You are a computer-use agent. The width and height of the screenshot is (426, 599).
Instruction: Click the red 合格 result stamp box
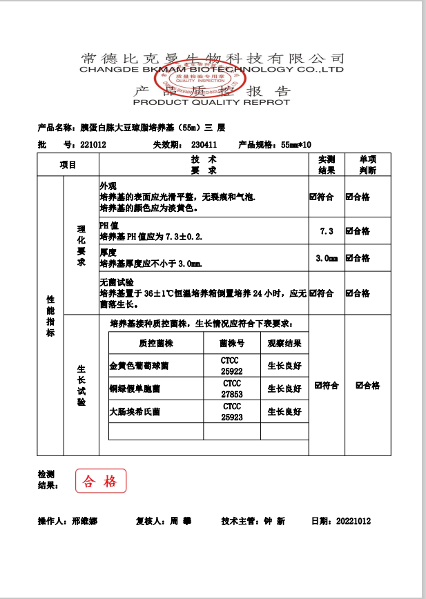pos(101,481)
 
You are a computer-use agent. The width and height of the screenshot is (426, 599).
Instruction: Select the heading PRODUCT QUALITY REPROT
pos(211,102)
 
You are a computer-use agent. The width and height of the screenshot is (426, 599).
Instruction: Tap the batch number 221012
pos(93,145)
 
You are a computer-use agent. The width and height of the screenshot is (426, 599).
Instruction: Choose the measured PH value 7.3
pos(327,231)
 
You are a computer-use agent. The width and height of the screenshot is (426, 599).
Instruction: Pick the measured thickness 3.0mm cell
pos(327,258)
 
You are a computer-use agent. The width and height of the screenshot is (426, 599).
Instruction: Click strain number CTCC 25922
pos(232,365)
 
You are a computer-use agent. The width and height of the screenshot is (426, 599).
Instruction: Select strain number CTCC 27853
pos(232,389)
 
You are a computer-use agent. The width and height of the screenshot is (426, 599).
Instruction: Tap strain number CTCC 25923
pos(232,412)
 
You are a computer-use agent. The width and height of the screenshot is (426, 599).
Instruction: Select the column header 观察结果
pos(284,343)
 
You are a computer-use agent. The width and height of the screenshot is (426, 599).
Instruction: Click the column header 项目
pos(68,165)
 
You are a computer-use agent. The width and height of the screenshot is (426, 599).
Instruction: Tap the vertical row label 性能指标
pos(50,316)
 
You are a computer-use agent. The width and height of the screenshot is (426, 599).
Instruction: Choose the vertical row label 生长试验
pos(81,385)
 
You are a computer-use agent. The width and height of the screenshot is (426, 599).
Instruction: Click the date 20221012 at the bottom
pos(351,521)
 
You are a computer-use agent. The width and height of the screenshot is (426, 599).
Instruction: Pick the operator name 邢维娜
pos(84,521)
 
